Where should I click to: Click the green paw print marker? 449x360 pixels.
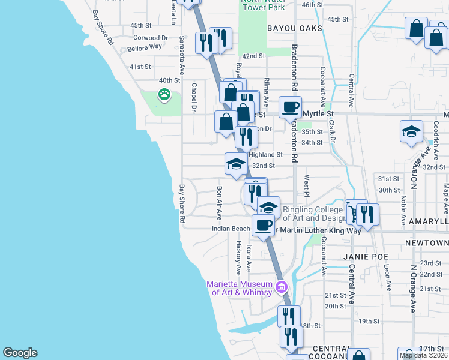(164, 94)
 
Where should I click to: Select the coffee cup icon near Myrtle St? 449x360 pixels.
(290, 107)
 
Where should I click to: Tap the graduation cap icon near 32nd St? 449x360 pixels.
(236, 163)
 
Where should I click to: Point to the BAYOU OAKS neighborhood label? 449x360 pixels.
(295, 28)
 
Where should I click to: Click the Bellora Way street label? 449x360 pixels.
(145, 46)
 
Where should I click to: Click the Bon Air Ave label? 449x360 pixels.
(219, 202)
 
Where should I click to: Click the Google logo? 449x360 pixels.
(20, 353)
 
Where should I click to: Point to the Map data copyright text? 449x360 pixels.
(423, 355)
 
